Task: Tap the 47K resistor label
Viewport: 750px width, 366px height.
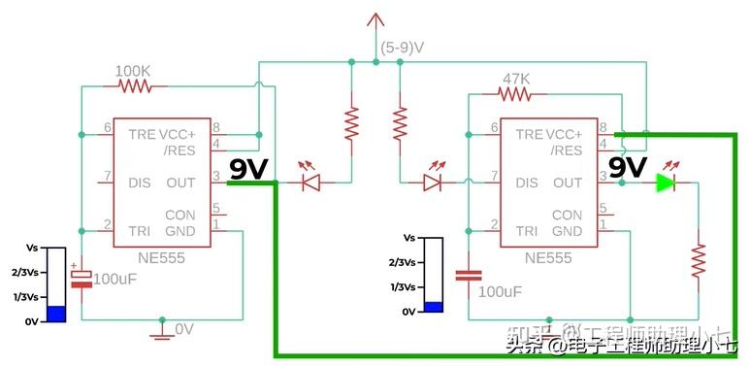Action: pos(515,78)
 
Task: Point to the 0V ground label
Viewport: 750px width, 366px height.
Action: pos(184,330)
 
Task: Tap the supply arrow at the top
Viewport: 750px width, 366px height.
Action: pos(375,20)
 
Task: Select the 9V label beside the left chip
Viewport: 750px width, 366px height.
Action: pos(248,170)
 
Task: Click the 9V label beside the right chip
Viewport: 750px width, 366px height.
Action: pos(628,168)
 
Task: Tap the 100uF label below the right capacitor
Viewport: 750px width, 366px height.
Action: pos(502,291)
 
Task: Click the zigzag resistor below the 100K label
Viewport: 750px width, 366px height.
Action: pos(136,86)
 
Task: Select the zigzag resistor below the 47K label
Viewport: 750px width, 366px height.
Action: pos(515,94)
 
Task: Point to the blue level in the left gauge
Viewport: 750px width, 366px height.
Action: pos(57,314)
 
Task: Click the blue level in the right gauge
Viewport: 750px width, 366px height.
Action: pos(433,307)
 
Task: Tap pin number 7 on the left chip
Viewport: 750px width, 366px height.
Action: pos(108,177)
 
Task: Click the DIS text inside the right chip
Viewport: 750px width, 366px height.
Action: pos(527,183)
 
